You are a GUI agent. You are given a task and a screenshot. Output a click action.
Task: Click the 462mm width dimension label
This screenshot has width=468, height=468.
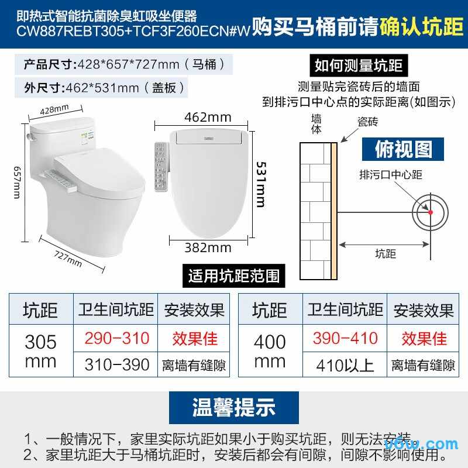208,117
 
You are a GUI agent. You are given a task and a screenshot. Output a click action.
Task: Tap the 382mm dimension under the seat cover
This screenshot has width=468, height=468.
208,247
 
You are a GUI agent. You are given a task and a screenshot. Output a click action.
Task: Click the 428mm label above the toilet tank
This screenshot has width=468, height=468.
54,109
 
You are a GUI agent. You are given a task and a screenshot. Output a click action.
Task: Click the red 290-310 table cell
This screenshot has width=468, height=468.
117,338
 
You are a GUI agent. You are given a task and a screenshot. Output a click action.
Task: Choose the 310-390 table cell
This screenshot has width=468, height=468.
117,365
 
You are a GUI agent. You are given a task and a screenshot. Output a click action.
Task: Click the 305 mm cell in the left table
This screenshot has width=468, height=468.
40,351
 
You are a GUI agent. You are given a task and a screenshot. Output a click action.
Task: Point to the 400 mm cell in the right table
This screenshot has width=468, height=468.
270,351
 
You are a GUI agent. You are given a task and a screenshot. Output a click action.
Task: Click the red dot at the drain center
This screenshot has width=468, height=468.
430,212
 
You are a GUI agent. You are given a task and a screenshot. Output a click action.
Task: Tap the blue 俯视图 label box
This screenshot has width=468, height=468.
404,149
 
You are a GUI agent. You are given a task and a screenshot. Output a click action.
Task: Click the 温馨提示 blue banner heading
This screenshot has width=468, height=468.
234,407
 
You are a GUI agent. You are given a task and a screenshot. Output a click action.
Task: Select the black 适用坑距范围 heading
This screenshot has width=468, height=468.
234,276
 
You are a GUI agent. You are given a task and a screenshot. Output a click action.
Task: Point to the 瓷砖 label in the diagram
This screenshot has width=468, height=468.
368,121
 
